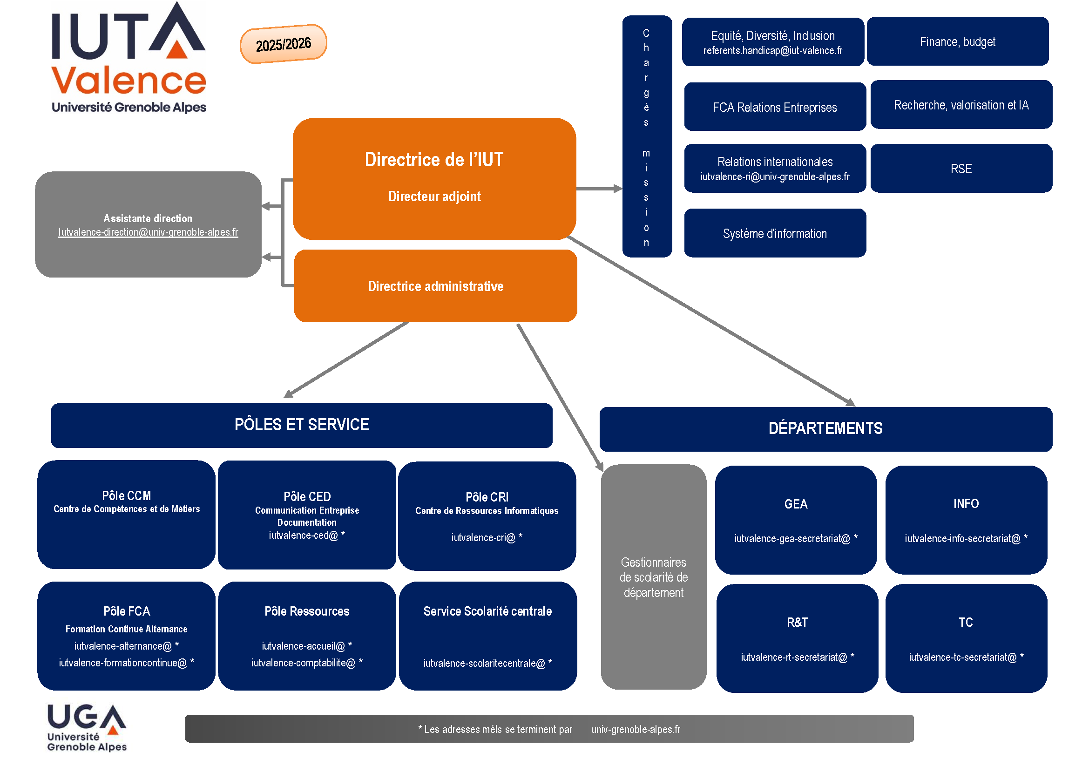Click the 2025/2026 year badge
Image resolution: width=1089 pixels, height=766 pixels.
pos(283,44)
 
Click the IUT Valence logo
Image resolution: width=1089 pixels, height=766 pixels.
pos(129,59)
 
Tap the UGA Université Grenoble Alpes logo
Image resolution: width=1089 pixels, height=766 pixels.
pos(87,727)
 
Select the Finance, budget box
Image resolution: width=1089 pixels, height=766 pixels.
pos(957,42)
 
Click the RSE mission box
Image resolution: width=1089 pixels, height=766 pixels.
pos(961,169)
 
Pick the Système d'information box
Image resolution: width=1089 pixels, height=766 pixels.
pos(775,233)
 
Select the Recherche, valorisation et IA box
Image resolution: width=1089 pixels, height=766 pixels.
pos(961,105)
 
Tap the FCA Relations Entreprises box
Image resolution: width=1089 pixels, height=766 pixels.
pos(775,107)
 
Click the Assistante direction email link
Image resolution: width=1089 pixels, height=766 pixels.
pos(148,232)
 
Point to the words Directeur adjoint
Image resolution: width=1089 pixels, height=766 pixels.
pos(434,197)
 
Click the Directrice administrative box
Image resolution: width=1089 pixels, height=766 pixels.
pos(435,286)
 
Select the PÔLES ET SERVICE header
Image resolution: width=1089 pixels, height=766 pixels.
pos(302,425)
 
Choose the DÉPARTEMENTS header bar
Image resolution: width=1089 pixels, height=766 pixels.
pos(825,429)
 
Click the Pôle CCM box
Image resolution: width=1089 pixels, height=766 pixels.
pos(126,514)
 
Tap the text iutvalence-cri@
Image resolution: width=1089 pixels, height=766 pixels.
pos(483,537)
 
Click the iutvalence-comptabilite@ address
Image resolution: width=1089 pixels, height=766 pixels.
pos(303,663)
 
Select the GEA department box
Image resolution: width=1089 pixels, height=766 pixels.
pos(795,520)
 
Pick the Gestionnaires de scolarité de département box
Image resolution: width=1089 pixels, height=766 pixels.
pos(653,577)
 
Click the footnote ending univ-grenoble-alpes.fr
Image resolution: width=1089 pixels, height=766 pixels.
pos(549,729)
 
